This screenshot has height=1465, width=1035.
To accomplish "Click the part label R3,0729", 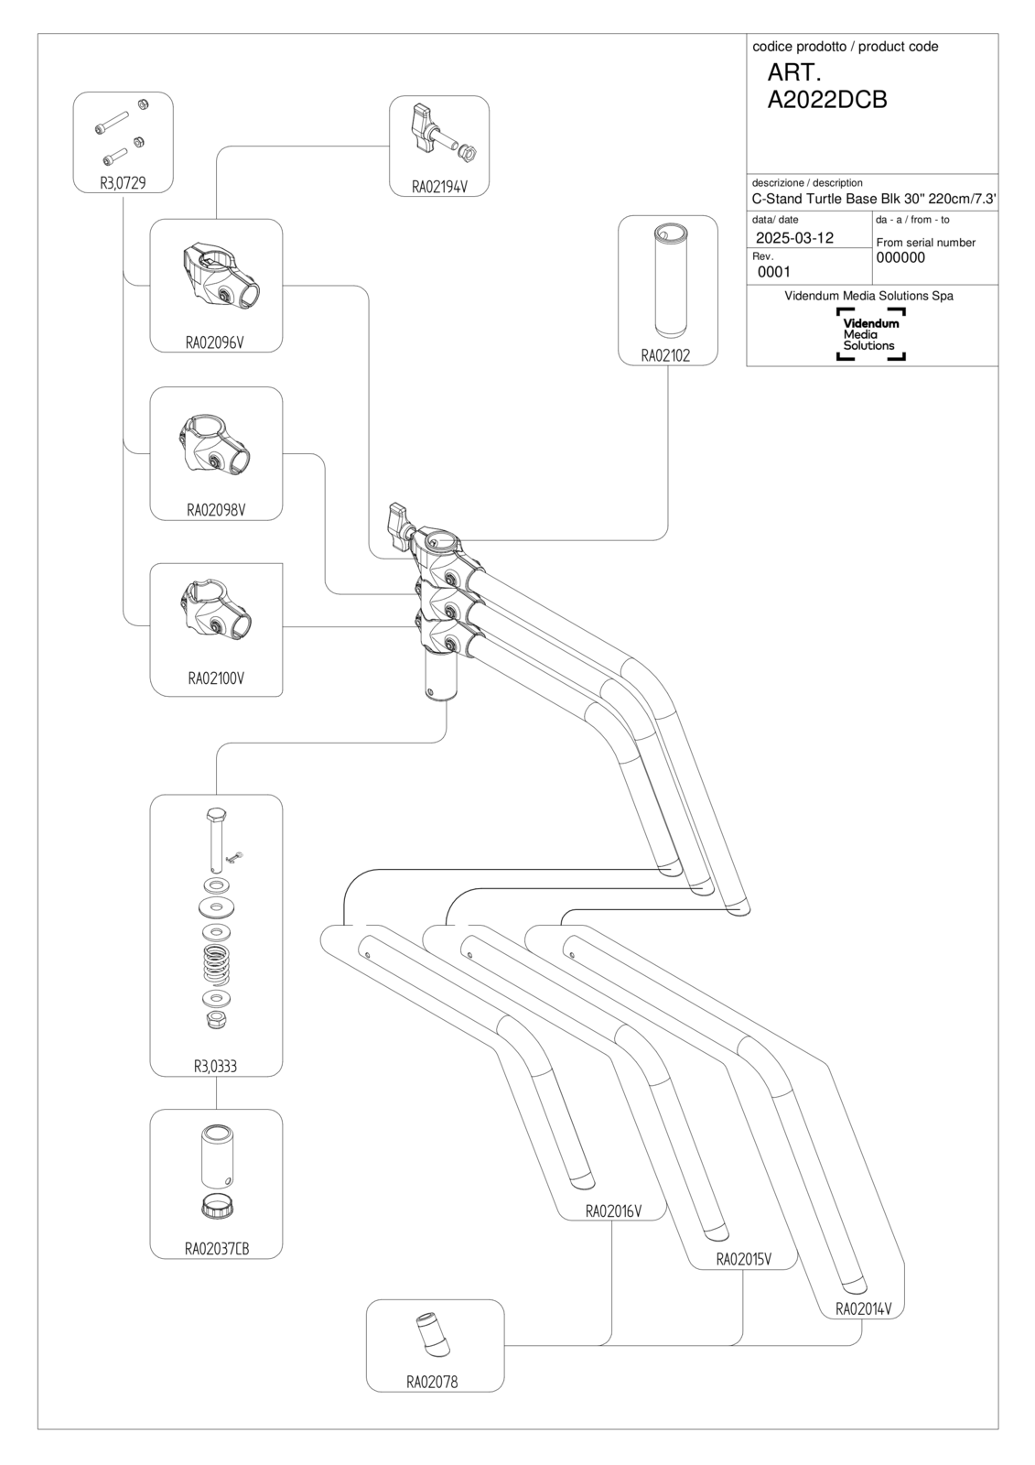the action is pyautogui.click(x=123, y=182).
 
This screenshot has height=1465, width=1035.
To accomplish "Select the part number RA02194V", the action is pyautogui.click(x=439, y=187).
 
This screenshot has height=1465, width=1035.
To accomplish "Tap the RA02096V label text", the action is pyautogui.click(x=215, y=342).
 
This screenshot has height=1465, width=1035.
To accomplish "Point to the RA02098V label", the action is pyautogui.click(x=216, y=510).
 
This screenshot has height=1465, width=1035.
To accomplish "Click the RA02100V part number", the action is pyautogui.click(x=216, y=678).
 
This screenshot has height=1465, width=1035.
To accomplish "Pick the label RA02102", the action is pyautogui.click(x=665, y=356).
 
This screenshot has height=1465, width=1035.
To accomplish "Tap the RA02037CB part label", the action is pyautogui.click(x=217, y=1249).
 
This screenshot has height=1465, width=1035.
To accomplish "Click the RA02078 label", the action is pyautogui.click(x=432, y=1382).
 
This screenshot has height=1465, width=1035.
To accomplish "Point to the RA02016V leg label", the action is pyautogui.click(x=613, y=1211).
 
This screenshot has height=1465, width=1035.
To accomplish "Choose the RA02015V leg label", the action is pyautogui.click(x=744, y=1259).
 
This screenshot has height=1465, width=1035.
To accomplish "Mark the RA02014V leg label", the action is pyautogui.click(x=864, y=1308).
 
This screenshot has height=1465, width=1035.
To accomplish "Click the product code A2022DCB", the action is pyautogui.click(x=827, y=100).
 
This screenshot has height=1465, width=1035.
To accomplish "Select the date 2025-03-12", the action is pyautogui.click(x=794, y=237).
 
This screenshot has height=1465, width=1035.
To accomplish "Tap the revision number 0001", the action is pyautogui.click(x=774, y=271).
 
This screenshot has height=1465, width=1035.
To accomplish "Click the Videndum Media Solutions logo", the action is pyautogui.click(x=871, y=334).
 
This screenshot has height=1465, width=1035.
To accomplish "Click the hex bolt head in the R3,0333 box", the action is pyautogui.click(x=215, y=815).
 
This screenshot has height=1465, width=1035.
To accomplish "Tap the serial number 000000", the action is pyautogui.click(x=900, y=257).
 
